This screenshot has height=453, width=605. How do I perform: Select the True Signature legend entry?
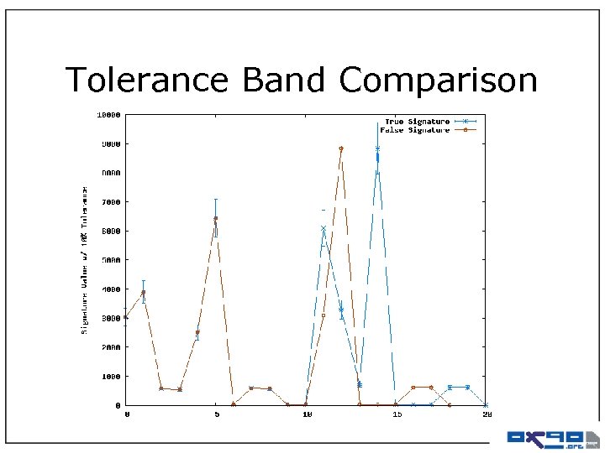[x=417, y=122]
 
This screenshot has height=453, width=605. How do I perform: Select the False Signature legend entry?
[x=415, y=130]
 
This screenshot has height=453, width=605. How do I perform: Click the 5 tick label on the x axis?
[x=216, y=414]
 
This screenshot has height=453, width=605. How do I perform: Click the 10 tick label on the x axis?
[x=307, y=414]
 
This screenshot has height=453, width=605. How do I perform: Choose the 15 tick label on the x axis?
[x=396, y=414]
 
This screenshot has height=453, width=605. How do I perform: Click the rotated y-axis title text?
[x=85, y=260]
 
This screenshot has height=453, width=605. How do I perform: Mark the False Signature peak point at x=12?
[x=341, y=148]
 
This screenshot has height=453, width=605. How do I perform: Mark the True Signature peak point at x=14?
[x=377, y=149]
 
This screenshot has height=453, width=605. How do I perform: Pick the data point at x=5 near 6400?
[x=216, y=219]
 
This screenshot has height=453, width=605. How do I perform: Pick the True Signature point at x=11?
[x=324, y=228]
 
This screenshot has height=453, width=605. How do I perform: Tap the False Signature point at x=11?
[x=324, y=315]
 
